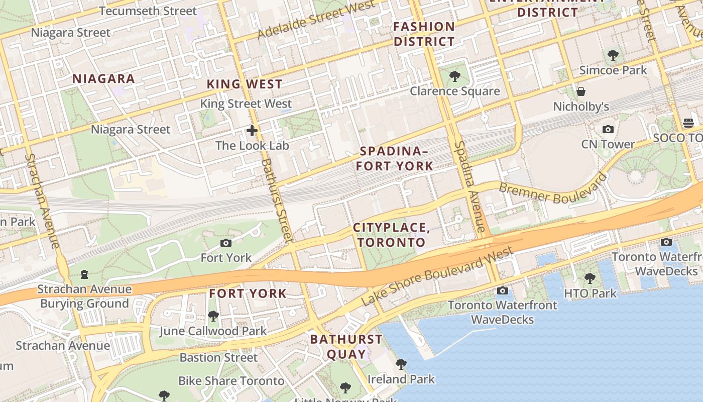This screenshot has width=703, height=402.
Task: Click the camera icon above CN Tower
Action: pos(608,130)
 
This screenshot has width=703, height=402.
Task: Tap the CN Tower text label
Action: pos(608,144)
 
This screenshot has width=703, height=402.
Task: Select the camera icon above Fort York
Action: pos(226,243)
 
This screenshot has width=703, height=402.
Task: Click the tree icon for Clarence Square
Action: pos(455,76)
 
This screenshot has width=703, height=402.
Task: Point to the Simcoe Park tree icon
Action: pos(613,55)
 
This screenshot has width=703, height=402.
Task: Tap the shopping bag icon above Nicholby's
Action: pos(581,91)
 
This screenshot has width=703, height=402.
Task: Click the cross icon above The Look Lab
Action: pos(252,131)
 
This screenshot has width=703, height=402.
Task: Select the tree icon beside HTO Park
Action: pos(590,278)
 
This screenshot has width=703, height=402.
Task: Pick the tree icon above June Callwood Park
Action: pos(213,316)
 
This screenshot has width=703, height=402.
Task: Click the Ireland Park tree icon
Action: pos(401,364)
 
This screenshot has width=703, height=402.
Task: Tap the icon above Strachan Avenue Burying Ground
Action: pos(84,274)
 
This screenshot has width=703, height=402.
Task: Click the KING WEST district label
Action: pos(245,84)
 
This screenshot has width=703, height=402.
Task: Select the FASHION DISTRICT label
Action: pos(424,34)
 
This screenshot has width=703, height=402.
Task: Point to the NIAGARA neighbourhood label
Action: pos(103,78)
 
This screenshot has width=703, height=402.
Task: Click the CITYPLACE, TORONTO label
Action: pos(391,235)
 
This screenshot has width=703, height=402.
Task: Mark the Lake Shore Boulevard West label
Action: pos(437,276)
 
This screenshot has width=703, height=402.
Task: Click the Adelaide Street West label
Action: pos(316,20)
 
